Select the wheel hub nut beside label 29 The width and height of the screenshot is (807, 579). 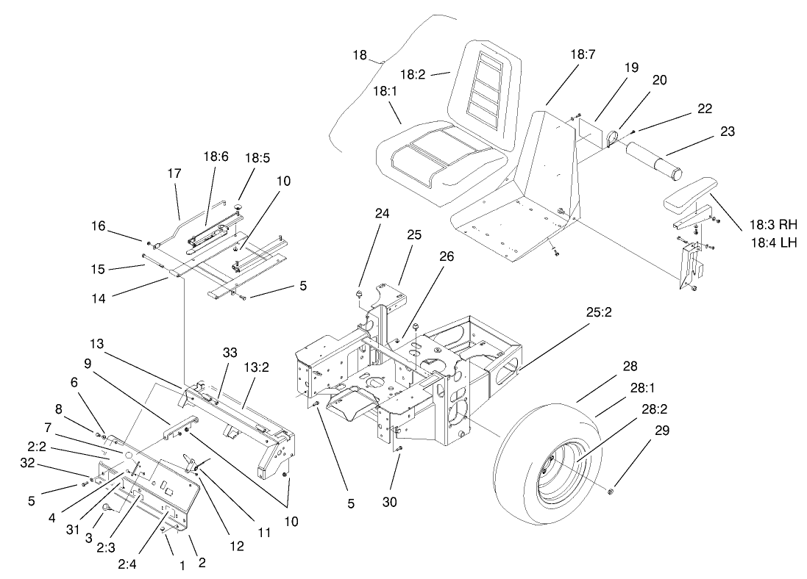click(x=612, y=491)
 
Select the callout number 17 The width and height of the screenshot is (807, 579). click(x=174, y=174)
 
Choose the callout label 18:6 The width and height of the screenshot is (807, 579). click(x=216, y=157)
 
